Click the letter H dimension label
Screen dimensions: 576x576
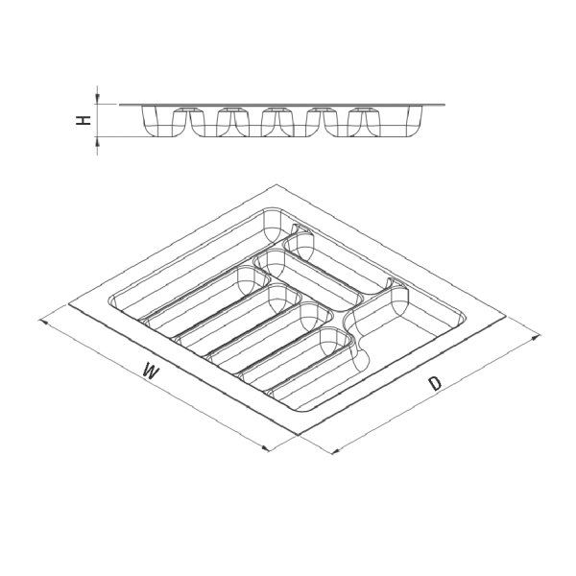pyautogui.click(x=84, y=120)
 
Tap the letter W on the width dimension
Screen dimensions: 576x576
pyautogui.click(x=151, y=371)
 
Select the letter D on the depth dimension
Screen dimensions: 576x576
pyautogui.click(x=435, y=383)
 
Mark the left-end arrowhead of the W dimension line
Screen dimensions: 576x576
pyautogui.click(x=43, y=323)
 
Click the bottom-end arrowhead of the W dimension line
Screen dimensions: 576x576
pyautogui.click(x=265, y=447)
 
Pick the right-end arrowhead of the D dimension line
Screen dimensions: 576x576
pyautogui.click(x=536, y=338)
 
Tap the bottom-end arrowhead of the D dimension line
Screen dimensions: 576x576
pyautogui.click(x=335, y=451)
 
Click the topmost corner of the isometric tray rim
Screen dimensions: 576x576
pyautogui.click(x=275, y=184)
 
